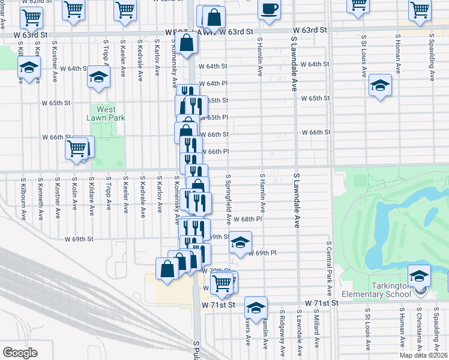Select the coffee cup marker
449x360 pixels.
tap(269, 10)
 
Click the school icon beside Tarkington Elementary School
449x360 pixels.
tap(419, 277)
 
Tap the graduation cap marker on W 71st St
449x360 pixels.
tap(256, 308)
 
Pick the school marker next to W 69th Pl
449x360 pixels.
tap(240, 243)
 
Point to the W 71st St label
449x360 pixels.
tap(322, 304)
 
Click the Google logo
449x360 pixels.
tap(20, 352)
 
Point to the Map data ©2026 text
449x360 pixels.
tap(423, 355)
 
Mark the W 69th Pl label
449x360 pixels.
tap(261, 254)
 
